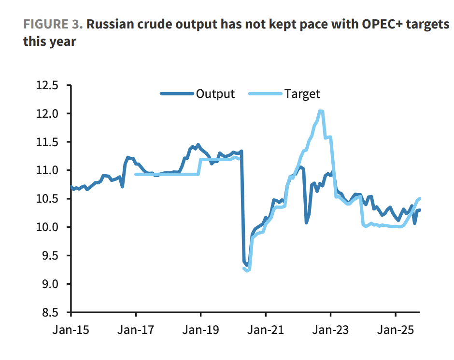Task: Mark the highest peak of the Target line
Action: (320, 111)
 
